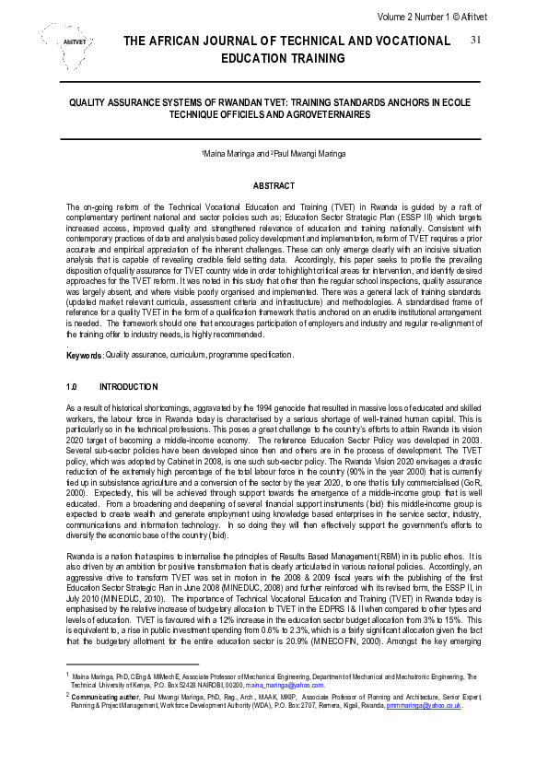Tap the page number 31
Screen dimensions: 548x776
[x=476, y=41]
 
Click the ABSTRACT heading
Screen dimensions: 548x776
[x=274, y=186]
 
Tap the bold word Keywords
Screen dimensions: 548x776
[x=85, y=355]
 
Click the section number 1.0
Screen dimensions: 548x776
[x=73, y=386]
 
